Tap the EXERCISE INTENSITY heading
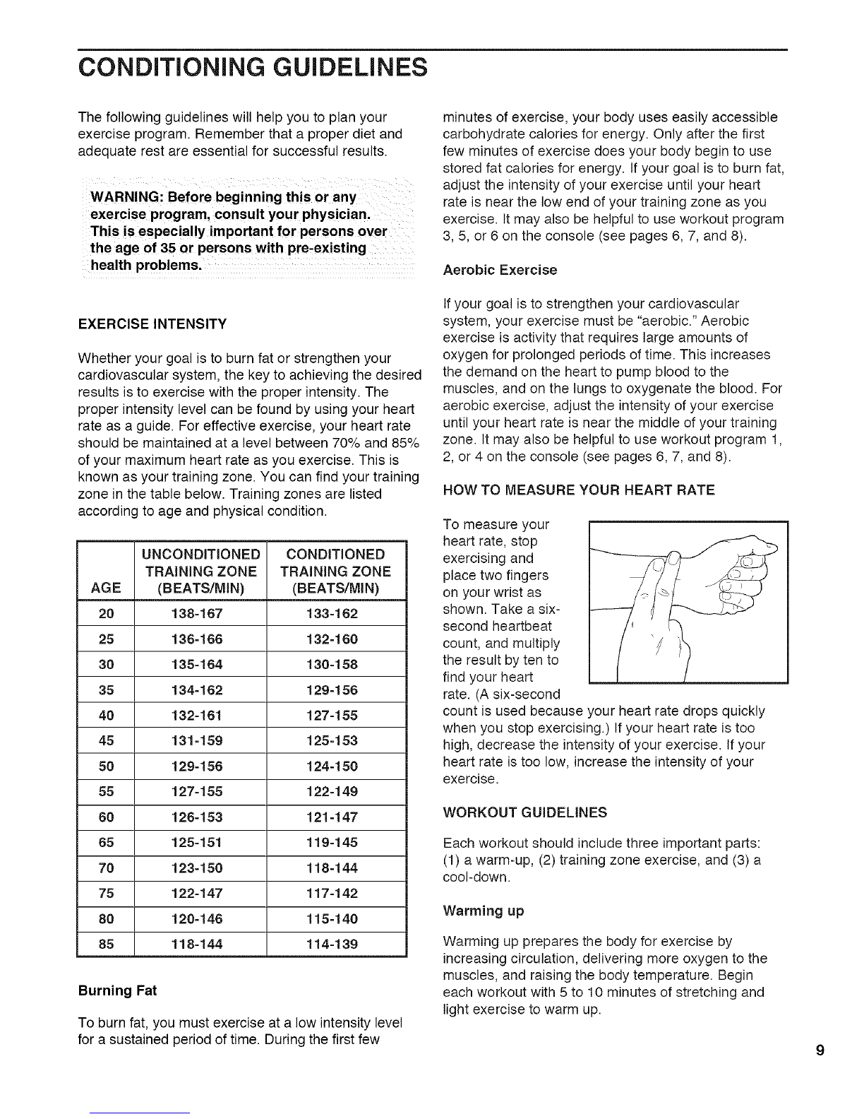153,324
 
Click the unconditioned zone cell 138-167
200,614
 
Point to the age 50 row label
107,766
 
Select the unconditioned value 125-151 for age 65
200,842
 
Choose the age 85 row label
107,944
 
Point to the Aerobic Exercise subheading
500,270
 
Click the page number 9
820,1050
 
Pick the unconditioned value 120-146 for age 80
200,918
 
